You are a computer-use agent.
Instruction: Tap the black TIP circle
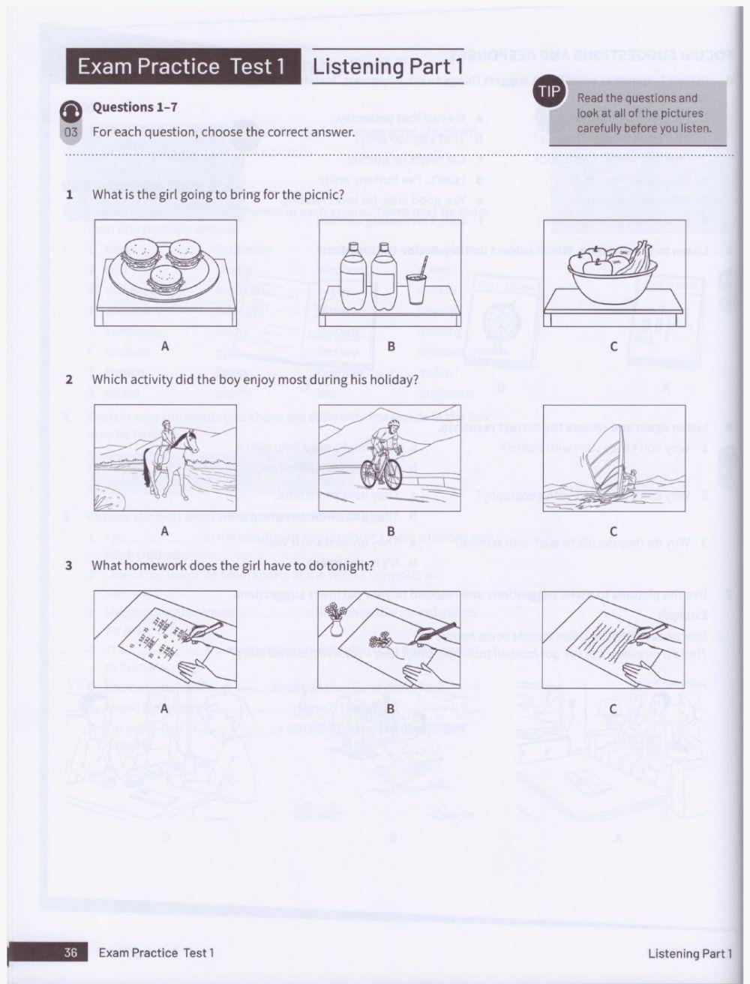pos(550,91)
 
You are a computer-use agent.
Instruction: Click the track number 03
pos(71,133)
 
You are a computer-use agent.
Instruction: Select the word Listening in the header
pos(358,66)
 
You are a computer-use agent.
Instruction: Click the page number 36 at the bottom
pos(70,952)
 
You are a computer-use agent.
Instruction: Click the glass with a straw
pos(417,285)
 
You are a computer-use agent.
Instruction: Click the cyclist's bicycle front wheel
pos(370,474)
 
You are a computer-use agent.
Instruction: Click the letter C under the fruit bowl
pos(613,346)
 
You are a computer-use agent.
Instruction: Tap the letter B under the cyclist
pos(390,532)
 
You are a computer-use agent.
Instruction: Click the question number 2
pos(69,379)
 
